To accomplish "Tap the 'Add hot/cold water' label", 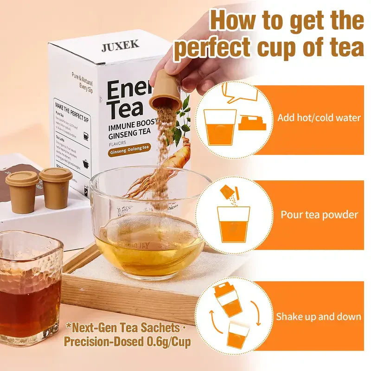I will coord(319,118).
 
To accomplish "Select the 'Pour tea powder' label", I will coord(319,215).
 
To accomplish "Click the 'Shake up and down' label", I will coord(319,317).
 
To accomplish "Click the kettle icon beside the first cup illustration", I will coord(251,123).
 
